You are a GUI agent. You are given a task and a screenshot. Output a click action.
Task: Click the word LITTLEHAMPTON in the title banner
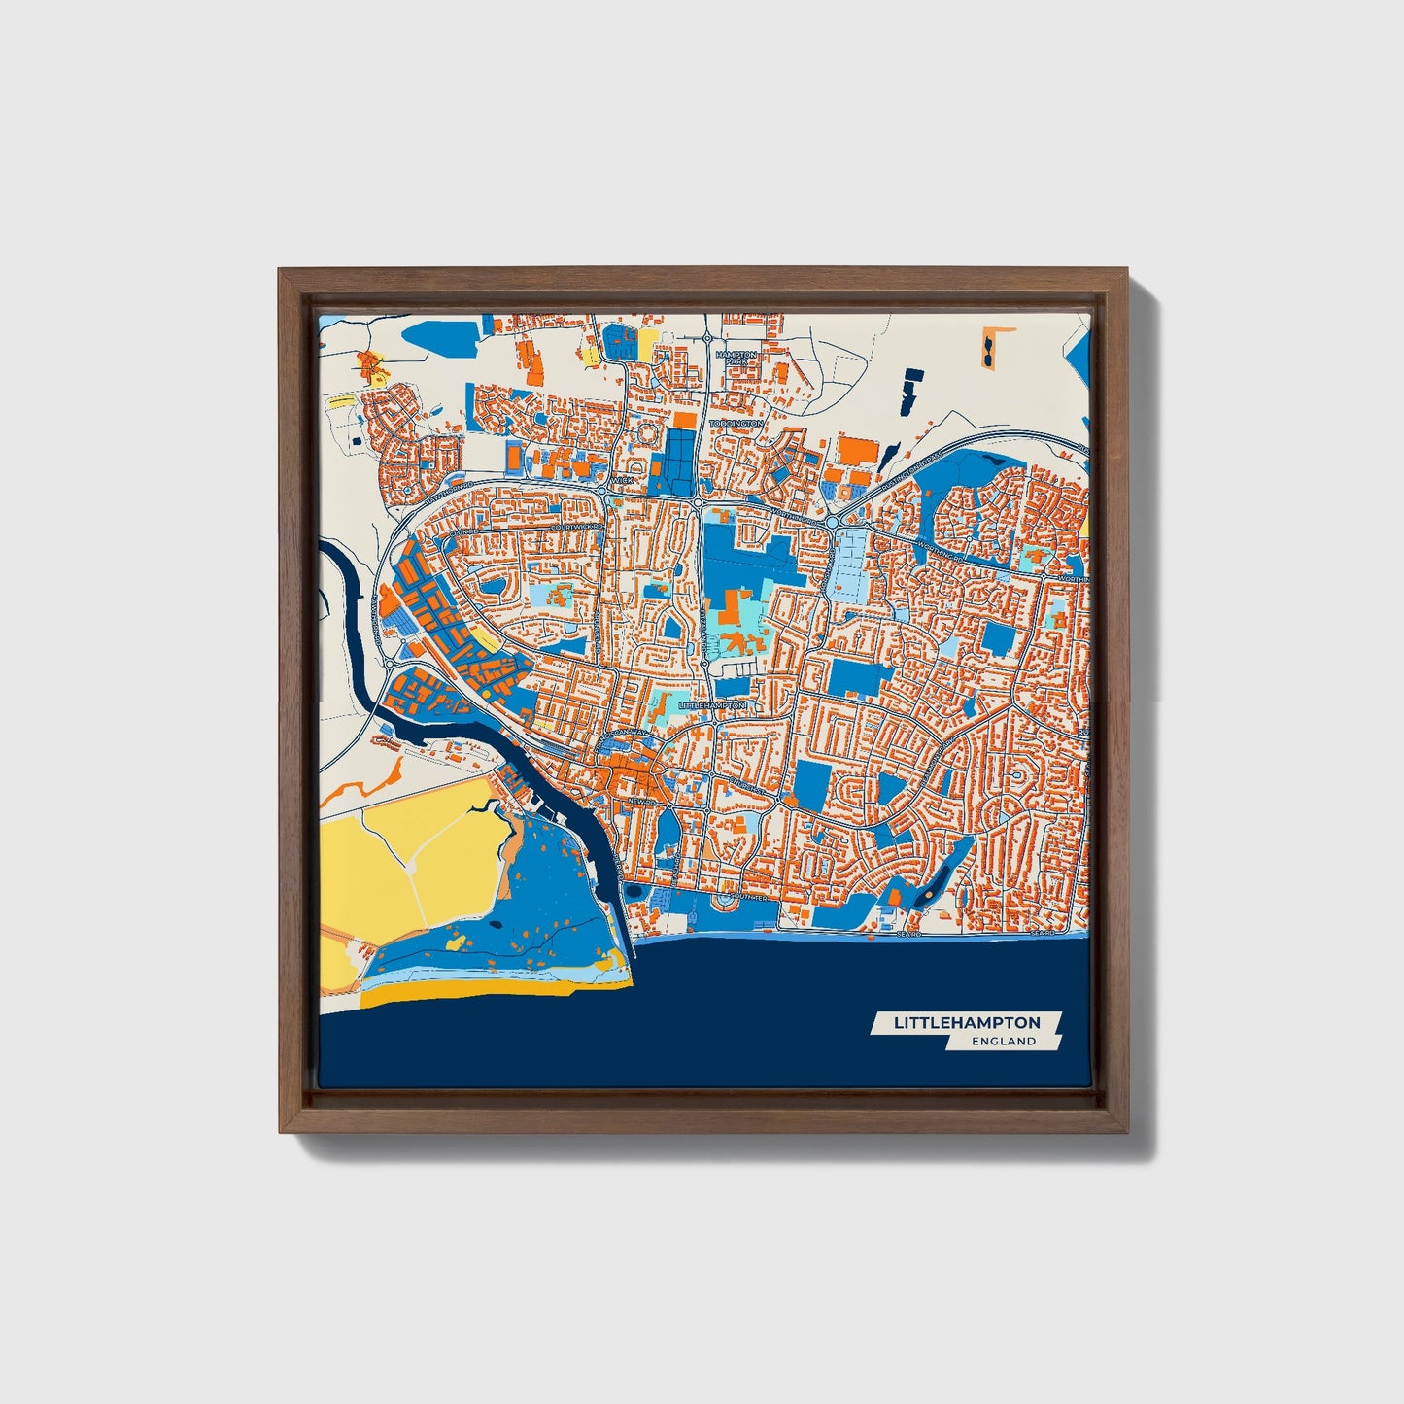coord(967,1023)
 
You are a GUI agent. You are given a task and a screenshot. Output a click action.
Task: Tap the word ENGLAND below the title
coord(1004,1042)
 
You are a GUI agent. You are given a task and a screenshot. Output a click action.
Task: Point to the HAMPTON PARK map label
coord(736,358)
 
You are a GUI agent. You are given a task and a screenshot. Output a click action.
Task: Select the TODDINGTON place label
coord(736,425)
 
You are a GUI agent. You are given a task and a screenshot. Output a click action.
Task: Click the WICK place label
coord(622,480)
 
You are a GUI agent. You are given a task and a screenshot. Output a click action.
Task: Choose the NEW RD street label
coord(637,802)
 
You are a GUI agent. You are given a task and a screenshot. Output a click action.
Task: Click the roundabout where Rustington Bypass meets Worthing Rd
coord(834,523)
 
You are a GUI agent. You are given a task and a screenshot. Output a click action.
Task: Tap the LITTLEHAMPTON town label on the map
coord(712,704)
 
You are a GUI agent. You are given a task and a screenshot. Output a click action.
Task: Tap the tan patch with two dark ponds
coord(989,347)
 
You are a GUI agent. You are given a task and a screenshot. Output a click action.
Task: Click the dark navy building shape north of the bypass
coord(909,389)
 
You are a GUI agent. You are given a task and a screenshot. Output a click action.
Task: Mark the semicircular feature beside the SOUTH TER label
coord(726,903)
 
